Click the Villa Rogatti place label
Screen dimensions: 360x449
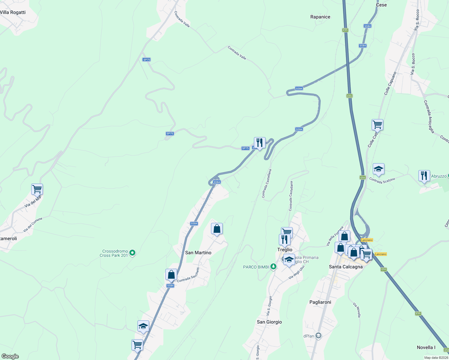pos(13,12)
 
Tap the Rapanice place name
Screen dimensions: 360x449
pos(320,17)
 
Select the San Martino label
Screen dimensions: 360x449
pos(198,253)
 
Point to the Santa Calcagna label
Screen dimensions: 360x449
pos(346,267)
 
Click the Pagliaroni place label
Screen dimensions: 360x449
pos(320,302)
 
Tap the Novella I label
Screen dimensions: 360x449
pos(426,347)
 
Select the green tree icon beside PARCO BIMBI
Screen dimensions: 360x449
pos(273,266)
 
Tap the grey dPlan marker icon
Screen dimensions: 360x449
pos(318,336)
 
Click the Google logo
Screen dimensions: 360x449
pos(10,356)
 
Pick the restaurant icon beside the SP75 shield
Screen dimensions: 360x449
pos(260,143)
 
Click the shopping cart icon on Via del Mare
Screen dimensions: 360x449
pos(37,190)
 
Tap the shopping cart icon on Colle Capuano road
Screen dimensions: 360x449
pos(377,124)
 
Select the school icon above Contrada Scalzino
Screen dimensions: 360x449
pos(378,169)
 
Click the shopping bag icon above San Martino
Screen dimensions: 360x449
pos(217,229)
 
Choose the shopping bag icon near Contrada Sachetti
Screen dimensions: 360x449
pos(171,275)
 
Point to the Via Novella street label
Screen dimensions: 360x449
pos(357,310)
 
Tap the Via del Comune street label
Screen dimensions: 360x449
pos(33,225)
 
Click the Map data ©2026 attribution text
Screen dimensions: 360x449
pos(436,358)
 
